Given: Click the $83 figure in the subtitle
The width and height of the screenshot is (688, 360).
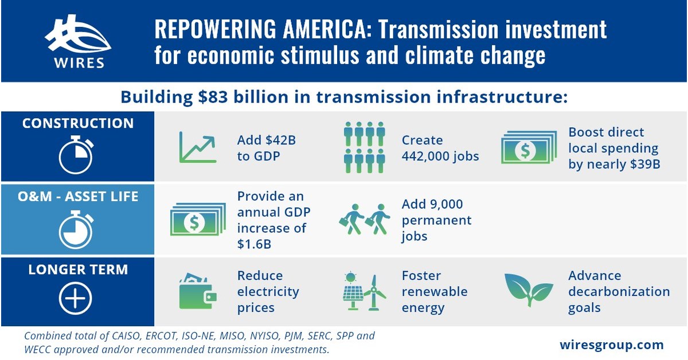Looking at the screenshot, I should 210,97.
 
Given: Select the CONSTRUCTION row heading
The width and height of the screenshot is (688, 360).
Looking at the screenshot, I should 77,123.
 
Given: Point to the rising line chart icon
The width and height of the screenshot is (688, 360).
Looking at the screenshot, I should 197,147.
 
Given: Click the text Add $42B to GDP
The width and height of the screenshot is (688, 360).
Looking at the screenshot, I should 267,148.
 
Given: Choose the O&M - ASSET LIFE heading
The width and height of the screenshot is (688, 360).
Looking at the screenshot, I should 77,196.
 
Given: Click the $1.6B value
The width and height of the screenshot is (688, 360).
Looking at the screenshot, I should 255,244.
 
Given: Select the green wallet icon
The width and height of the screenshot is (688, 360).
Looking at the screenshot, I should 197,292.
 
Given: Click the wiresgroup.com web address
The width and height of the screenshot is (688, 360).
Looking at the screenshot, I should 611,345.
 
